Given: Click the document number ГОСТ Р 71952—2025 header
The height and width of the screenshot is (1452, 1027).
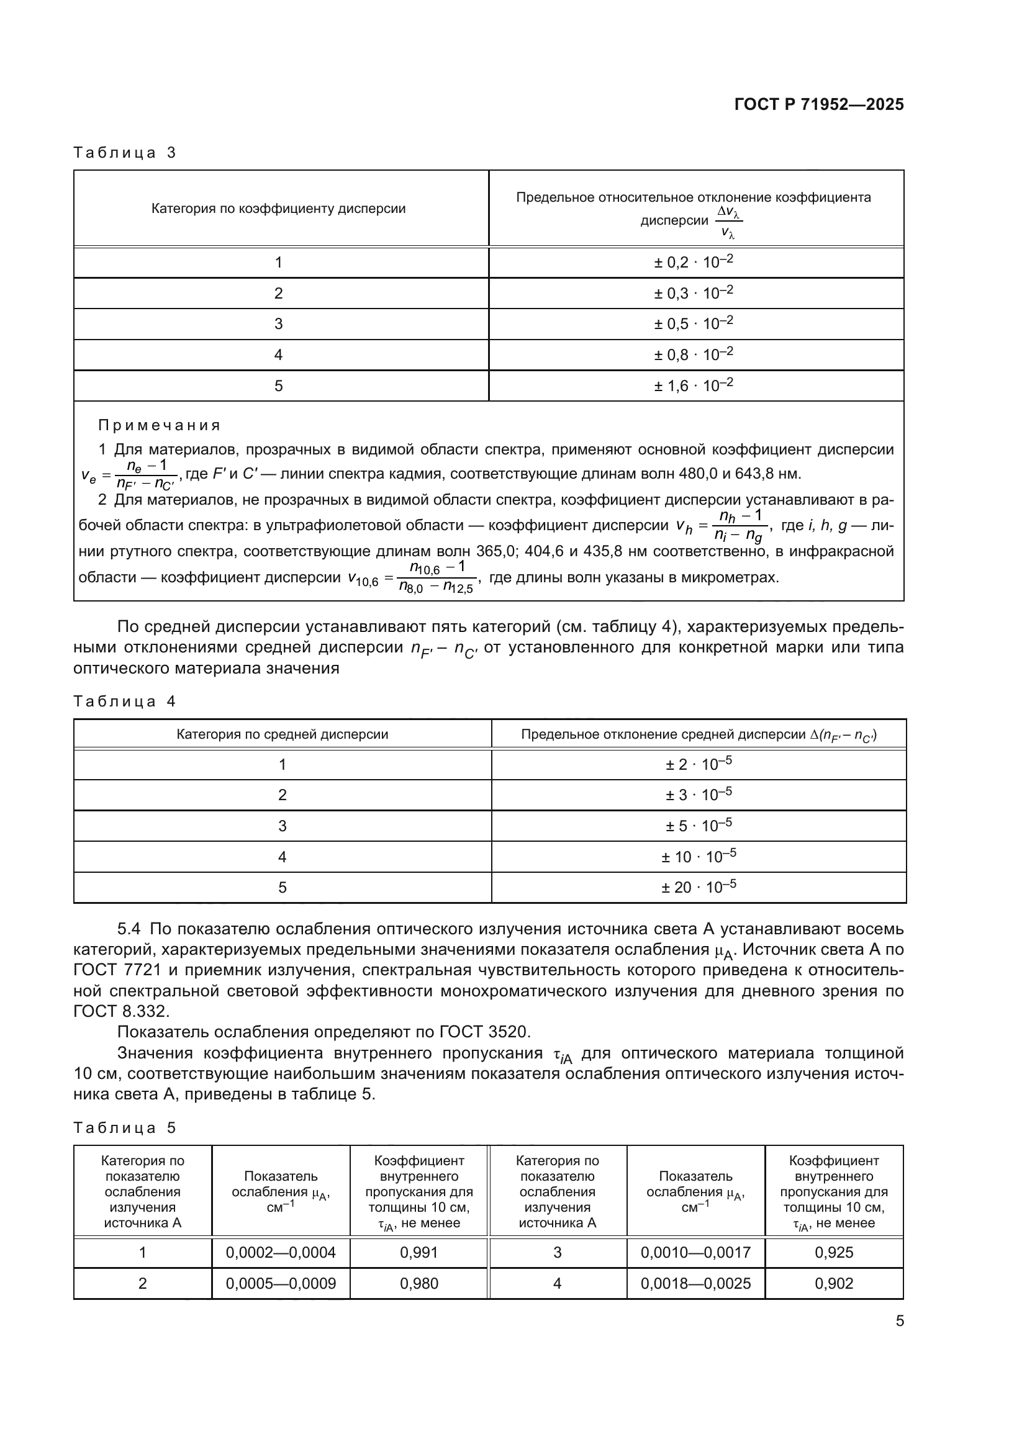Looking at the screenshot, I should pos(819,105).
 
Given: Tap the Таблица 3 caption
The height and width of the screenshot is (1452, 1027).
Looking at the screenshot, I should pos(125,153).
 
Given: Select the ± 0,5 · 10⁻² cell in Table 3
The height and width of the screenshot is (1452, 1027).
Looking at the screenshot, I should pos(693,324).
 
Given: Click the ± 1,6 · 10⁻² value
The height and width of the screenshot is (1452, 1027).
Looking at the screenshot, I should pos(693,385).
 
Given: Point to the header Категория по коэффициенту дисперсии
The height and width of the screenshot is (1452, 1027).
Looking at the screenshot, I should pos(278,209).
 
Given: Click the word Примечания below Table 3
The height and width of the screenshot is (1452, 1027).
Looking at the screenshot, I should pos(160,425).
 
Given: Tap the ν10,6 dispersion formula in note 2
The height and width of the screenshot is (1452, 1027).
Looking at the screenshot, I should pos(412,577).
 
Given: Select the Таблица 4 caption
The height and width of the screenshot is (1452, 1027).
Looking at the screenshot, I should pos(125,701).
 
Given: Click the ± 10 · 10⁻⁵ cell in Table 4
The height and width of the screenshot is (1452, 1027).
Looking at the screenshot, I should pos(698,857).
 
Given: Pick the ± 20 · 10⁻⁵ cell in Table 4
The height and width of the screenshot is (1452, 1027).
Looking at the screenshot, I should pos(698,887).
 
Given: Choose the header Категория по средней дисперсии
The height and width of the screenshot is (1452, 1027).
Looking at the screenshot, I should pos(282,734).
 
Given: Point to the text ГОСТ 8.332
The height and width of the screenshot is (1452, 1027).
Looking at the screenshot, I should pos(121,1011).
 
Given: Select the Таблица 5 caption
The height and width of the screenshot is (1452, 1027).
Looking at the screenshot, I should pos(125,1127).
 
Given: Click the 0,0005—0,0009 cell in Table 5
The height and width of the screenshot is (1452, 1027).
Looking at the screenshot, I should pos(281,1283).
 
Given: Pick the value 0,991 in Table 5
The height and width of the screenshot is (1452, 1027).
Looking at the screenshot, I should pos(418,1252).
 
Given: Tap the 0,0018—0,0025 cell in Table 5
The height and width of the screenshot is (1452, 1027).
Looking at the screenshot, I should pos(695,1283).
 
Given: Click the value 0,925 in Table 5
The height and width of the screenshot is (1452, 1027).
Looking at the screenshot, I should pos(833,1252).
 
